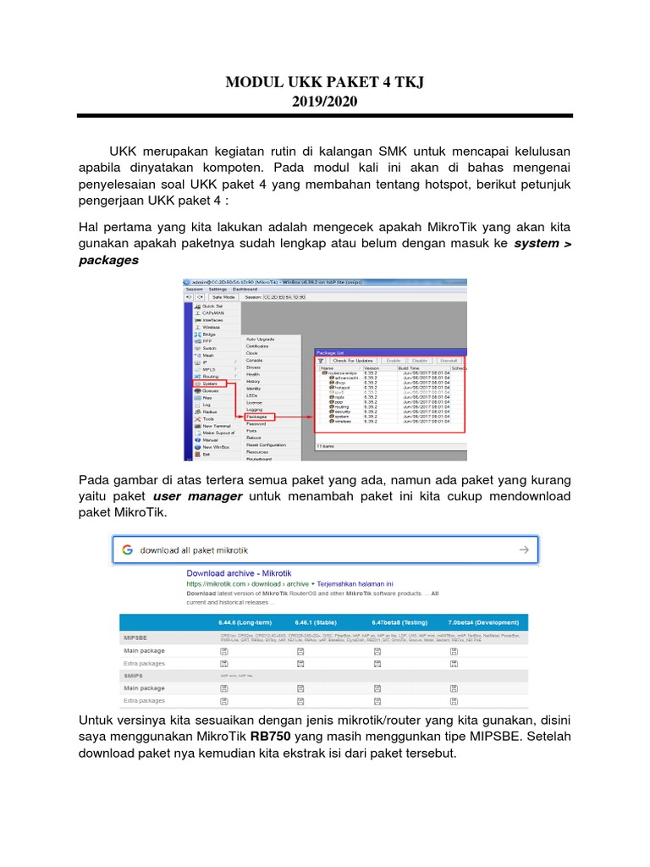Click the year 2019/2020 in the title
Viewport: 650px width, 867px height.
pyautogui.click(x=324, y=102)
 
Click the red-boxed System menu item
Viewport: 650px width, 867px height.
pyautogui.click(x=210, y=383)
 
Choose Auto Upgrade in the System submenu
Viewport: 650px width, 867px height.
pyautogui.click(x=260, y=339)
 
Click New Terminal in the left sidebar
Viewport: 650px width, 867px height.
pyautogui.click(x=217, y=426)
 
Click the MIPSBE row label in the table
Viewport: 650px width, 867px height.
pyautogui.click(x=136, y=636)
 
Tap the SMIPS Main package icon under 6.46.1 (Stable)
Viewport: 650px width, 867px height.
pyautogui.click(x=300, y=688)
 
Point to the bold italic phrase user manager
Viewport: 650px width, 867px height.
pyautogui.click(x=197, y=495)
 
